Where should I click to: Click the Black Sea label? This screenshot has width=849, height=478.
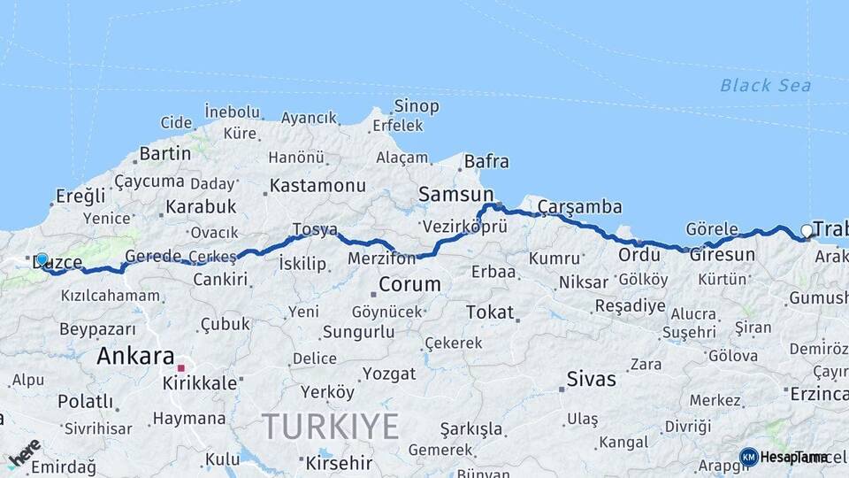click(x=765, y=85)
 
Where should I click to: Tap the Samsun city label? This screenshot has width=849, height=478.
click(x=455, y=194)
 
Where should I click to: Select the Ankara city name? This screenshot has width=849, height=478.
click(x=135, y=356)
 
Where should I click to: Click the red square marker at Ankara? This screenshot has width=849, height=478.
click(x=181, y=367)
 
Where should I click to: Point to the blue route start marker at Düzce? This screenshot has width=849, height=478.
click(x=42, y=259)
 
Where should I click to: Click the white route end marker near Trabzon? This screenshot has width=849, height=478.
click(x=806, y=231)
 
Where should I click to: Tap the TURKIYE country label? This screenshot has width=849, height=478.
click(x=330, y=427)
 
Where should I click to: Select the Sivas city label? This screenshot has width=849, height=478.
click(x=592, y=380)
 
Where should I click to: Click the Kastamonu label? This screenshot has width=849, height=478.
click(x=317, y=186)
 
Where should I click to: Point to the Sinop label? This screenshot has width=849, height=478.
click(x=416, y=106)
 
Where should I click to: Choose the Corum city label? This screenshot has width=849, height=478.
click(x=409, y=284)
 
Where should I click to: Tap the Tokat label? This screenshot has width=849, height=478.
click(x=489, y=312)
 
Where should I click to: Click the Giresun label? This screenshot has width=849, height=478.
click(x=723, y=255)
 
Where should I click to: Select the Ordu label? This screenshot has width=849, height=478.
click(x=639, y=255)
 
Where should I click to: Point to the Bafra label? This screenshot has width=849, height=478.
click(x=486, y=161)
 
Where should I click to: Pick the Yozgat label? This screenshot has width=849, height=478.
click(x=388, y=374)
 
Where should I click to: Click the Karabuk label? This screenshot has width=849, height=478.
click(x=200, y=206)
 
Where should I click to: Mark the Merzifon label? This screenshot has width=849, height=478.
click(x=381, y=258)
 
